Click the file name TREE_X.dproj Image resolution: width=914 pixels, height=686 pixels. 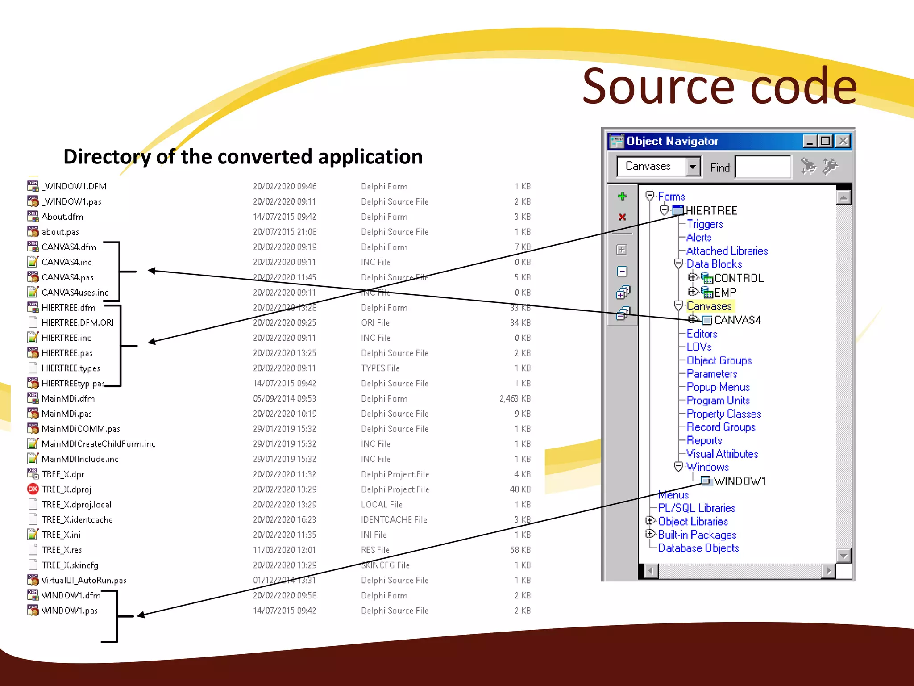click(x=66, y=489)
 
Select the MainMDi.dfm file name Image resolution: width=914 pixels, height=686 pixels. click(x=68, y=398)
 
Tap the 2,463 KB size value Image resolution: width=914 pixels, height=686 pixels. click(x=515, y=398)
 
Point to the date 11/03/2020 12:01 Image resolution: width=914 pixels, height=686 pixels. click(x=284, y=550)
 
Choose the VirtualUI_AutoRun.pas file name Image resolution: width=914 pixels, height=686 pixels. click(x=84, y=580)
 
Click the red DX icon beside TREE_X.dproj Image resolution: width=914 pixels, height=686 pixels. click(x=33, y=489)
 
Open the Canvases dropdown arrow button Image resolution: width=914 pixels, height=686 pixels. click(x=692, y=167)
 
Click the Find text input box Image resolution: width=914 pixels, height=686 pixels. click(x=763, y=167)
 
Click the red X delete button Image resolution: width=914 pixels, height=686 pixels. click(x=622, y=217)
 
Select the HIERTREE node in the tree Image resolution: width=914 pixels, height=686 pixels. click(x=711, y=210)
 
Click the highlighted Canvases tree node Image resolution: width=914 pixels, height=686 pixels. click(x=709, y=306)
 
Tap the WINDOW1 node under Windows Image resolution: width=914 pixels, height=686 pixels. click(x=740, y=481)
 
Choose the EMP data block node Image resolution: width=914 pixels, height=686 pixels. click(x=725, y=293)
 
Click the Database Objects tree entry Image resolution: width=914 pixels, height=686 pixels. click(x=698, y=548)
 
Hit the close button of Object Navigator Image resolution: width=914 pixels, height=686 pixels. click(x=843, y=141)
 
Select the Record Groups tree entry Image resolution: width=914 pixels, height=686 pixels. click(x=721, y=427)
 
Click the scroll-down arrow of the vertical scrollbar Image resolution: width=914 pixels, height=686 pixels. click(x=843, y=556)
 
